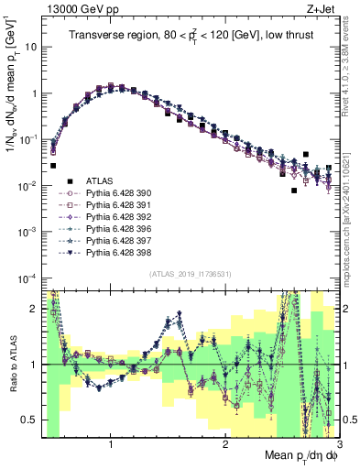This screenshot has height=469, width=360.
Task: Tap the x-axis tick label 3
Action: pyautogui.click(x=339, y=444)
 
